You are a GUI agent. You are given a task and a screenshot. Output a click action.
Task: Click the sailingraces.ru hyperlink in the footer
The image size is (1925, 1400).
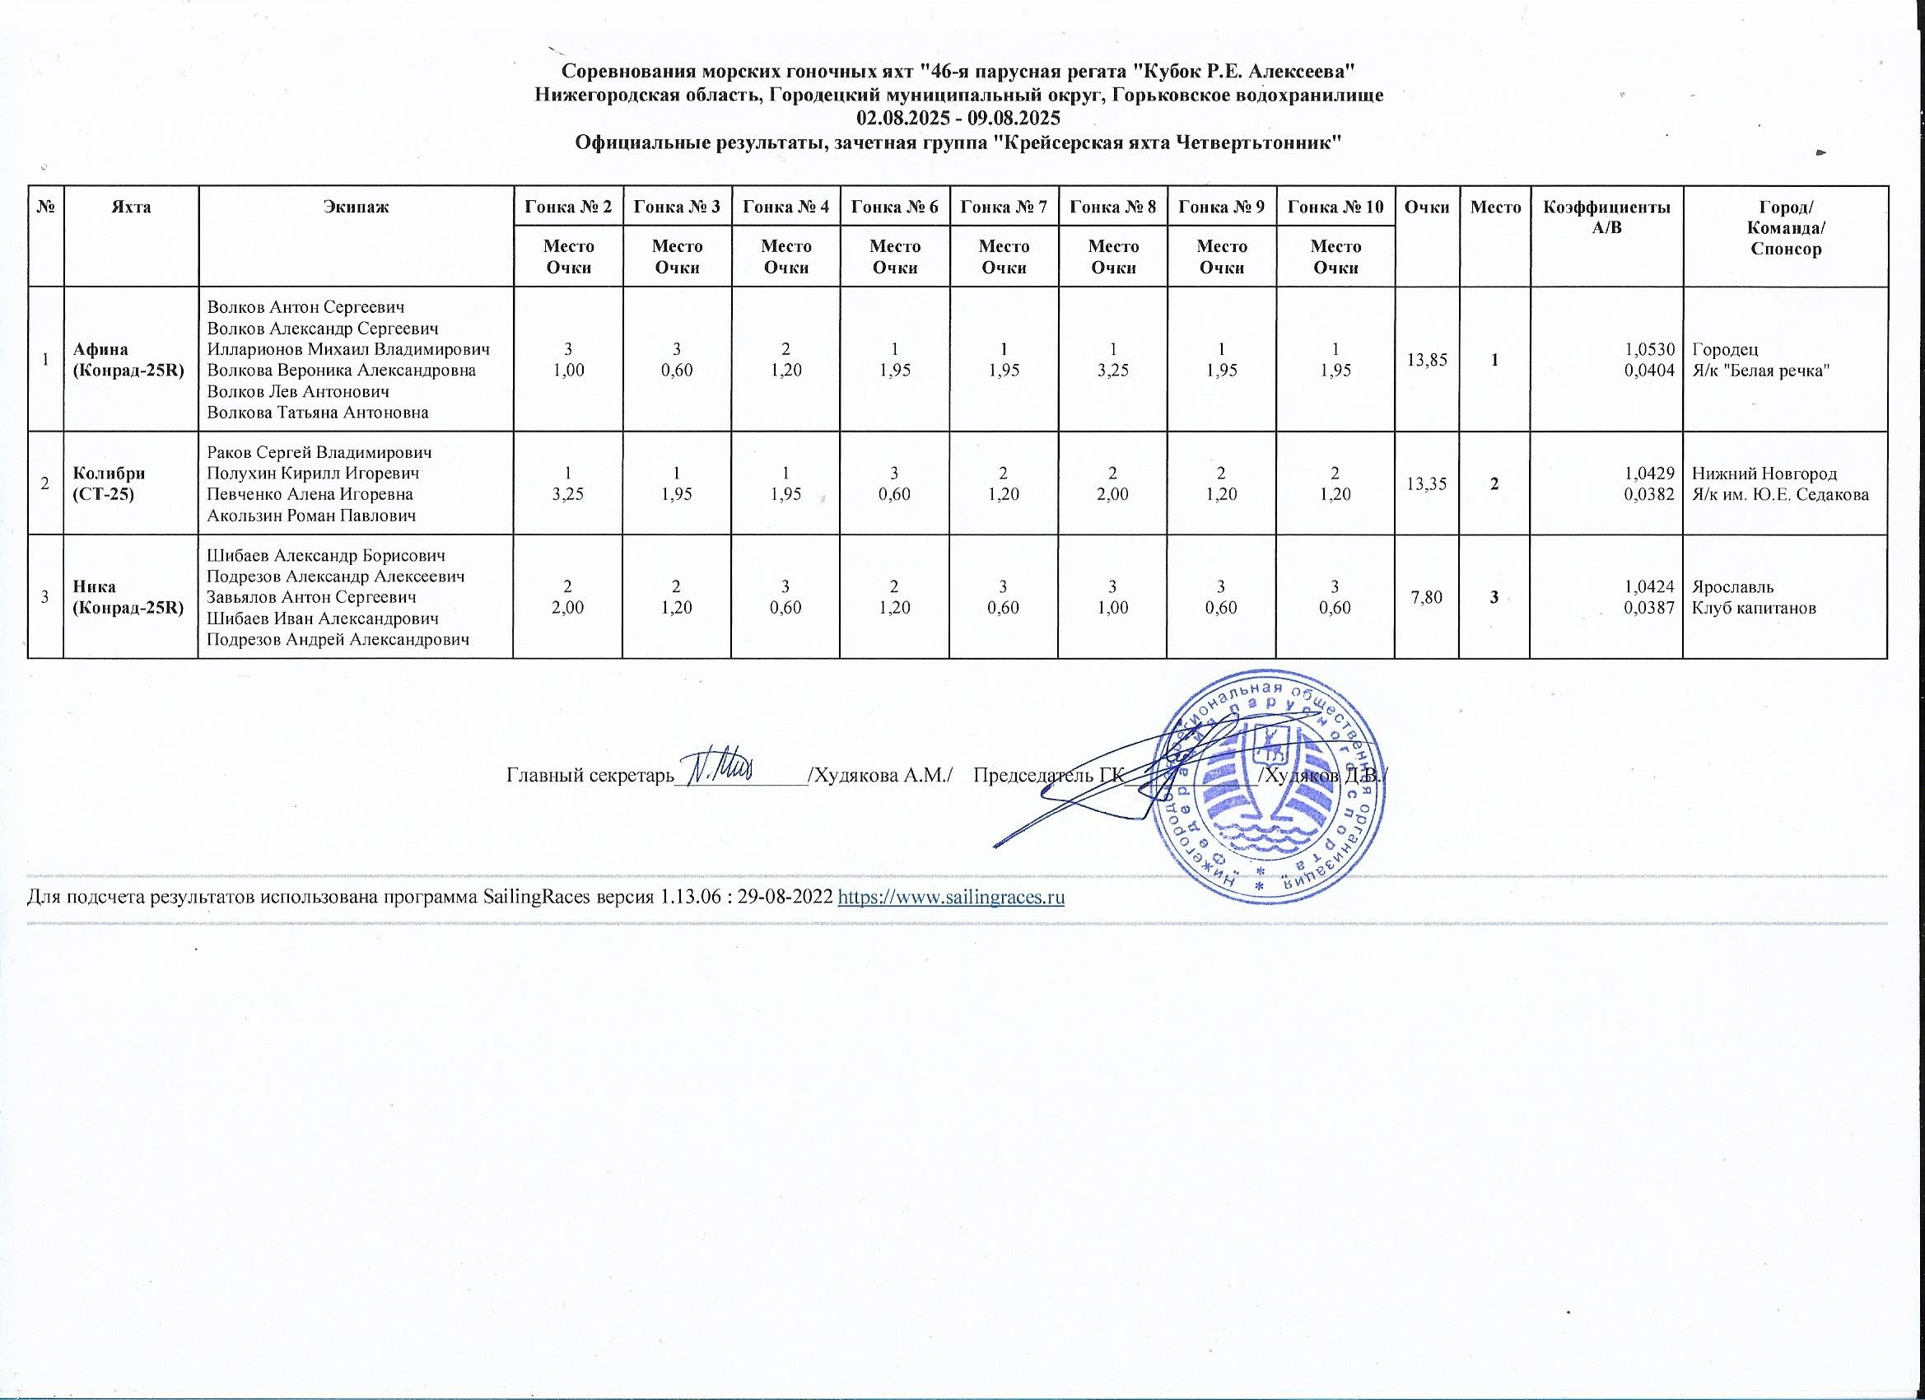pos(951,898)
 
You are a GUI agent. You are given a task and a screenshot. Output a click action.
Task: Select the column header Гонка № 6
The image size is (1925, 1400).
pos(895,207)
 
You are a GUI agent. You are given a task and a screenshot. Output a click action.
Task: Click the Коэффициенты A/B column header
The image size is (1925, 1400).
pos(1606,217)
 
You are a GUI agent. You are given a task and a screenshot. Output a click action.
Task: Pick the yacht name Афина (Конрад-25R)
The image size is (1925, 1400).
pos(128,359)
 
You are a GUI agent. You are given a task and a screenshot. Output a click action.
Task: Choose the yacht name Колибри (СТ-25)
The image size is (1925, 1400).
pos(109,483)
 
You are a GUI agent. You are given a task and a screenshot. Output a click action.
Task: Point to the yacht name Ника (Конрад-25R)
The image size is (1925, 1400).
pos(128,597)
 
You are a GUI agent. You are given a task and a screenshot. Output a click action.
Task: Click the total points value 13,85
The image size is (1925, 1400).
pos(1427,360)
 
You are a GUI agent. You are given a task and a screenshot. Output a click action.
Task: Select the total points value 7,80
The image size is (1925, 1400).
pos(1427,598)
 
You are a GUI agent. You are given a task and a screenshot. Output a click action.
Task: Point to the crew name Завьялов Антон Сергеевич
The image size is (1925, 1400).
pos(312,597)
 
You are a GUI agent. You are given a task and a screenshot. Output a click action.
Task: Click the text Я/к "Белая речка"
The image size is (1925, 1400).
pos(1760,370)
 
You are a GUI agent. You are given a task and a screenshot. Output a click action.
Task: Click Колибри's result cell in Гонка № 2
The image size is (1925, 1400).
pos(568,483)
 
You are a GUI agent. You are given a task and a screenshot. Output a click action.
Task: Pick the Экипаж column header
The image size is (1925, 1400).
pos(356,207)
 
